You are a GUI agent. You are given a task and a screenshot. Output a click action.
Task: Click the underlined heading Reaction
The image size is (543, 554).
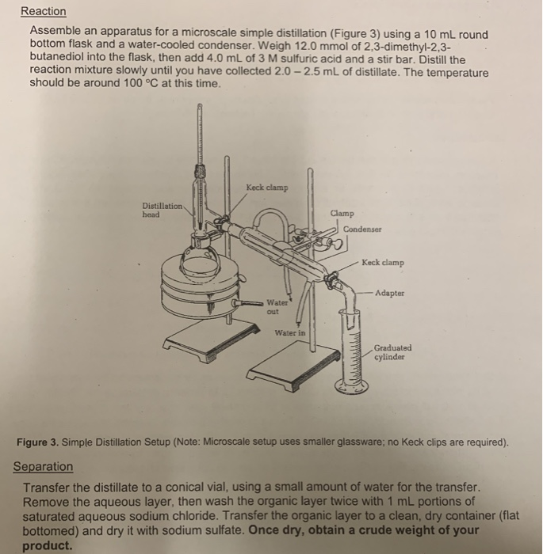(44, 12)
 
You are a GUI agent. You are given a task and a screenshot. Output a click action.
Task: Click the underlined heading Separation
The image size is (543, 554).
(43, 467)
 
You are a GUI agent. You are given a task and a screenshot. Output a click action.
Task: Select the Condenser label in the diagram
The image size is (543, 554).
(363, 229)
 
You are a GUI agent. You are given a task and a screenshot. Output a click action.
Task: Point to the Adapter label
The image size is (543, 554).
(391, 291)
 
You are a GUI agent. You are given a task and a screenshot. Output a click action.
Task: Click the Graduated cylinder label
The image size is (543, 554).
(392, 351)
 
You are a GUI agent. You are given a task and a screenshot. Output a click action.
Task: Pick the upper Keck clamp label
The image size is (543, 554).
(267, 188)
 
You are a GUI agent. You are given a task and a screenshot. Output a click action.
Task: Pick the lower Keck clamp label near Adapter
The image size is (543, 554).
(383, 262)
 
